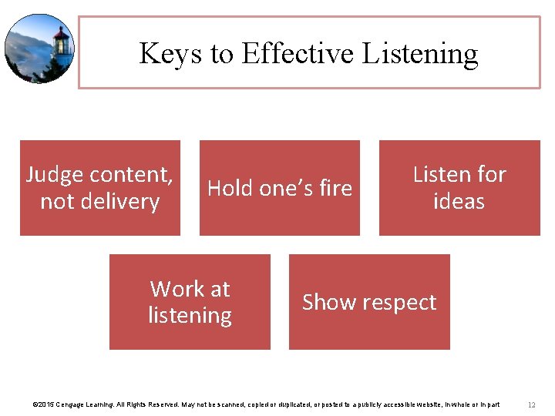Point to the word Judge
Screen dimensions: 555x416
pyautogui.click(x=55, y=175)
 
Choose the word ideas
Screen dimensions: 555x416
pyautogui.click(x=459, y=202)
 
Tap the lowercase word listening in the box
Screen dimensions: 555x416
pyautogui.click(x=190, y=316)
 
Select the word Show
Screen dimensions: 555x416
pyautogui.click(x=327, y=302)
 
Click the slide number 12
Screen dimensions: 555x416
pyautogui.click(x=531, y=404)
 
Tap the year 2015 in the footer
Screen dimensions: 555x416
pyautogui.click(x=45, y=404)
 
